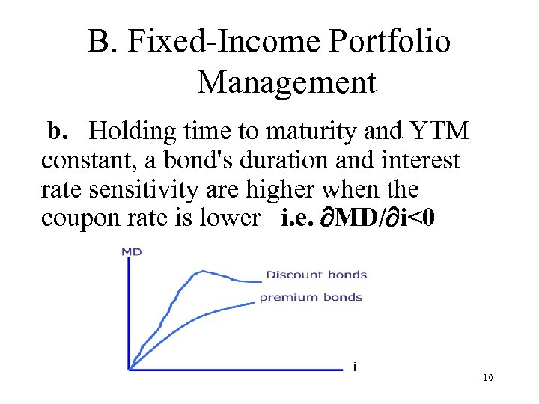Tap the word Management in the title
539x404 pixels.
pyautogui.click(x=286, y=82)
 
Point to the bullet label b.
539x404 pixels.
pyautogui.click(x=58, y=132)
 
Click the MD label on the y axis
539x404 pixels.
pyautogui.click(x=132, y=251)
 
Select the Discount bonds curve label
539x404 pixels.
pyautogui.click(x=316, y=275)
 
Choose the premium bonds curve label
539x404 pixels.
pyautogui.click(x=311, y=297)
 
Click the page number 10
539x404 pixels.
pyautogui.click(x=487, y=378)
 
